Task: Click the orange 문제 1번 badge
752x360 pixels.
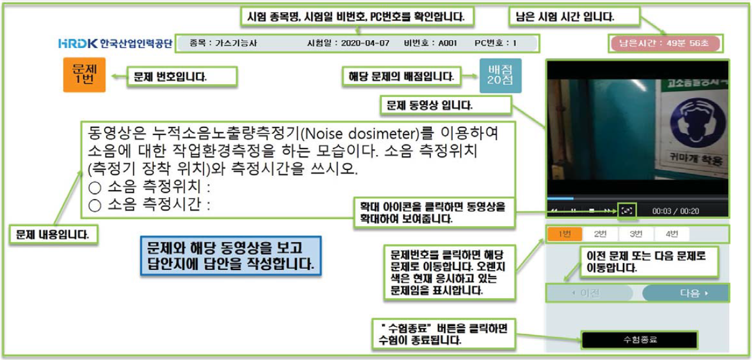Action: [x=84, y=75]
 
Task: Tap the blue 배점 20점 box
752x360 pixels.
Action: [x=500, y=75]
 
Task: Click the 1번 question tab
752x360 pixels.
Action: [x=564, y=234]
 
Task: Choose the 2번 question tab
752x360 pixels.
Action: [x=600, y=234]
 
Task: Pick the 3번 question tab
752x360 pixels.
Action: [x=636, y=234]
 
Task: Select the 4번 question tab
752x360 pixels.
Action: [x=671, y=234]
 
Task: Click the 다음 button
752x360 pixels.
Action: [x=686, y=293]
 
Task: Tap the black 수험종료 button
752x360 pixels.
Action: [x=640, y=340]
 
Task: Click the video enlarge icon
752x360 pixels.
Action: [x=626, y=210]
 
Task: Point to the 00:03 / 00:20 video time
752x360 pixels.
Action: [x=675, y=211]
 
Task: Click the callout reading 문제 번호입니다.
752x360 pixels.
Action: [x=182, y=76]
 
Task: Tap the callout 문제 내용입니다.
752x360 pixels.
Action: [x=53, y=234]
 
